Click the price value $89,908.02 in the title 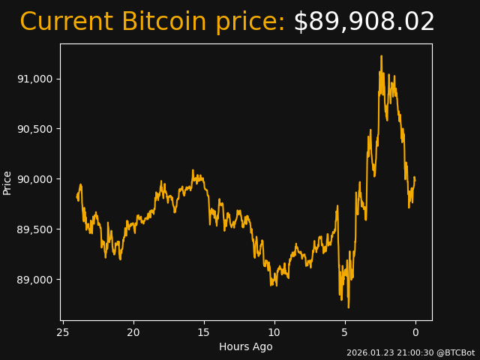pyautogui.click(x=364, y=22)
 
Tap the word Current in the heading pyautogui.click(x=67, y=22)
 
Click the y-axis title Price pyautogui.click(x=7, y=182)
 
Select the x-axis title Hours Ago pyautogui.click(x=246, y=346)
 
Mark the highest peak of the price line pyautogui.click(x=381, y=55)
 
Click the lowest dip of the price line pyautogui.click(x=348, y=307)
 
